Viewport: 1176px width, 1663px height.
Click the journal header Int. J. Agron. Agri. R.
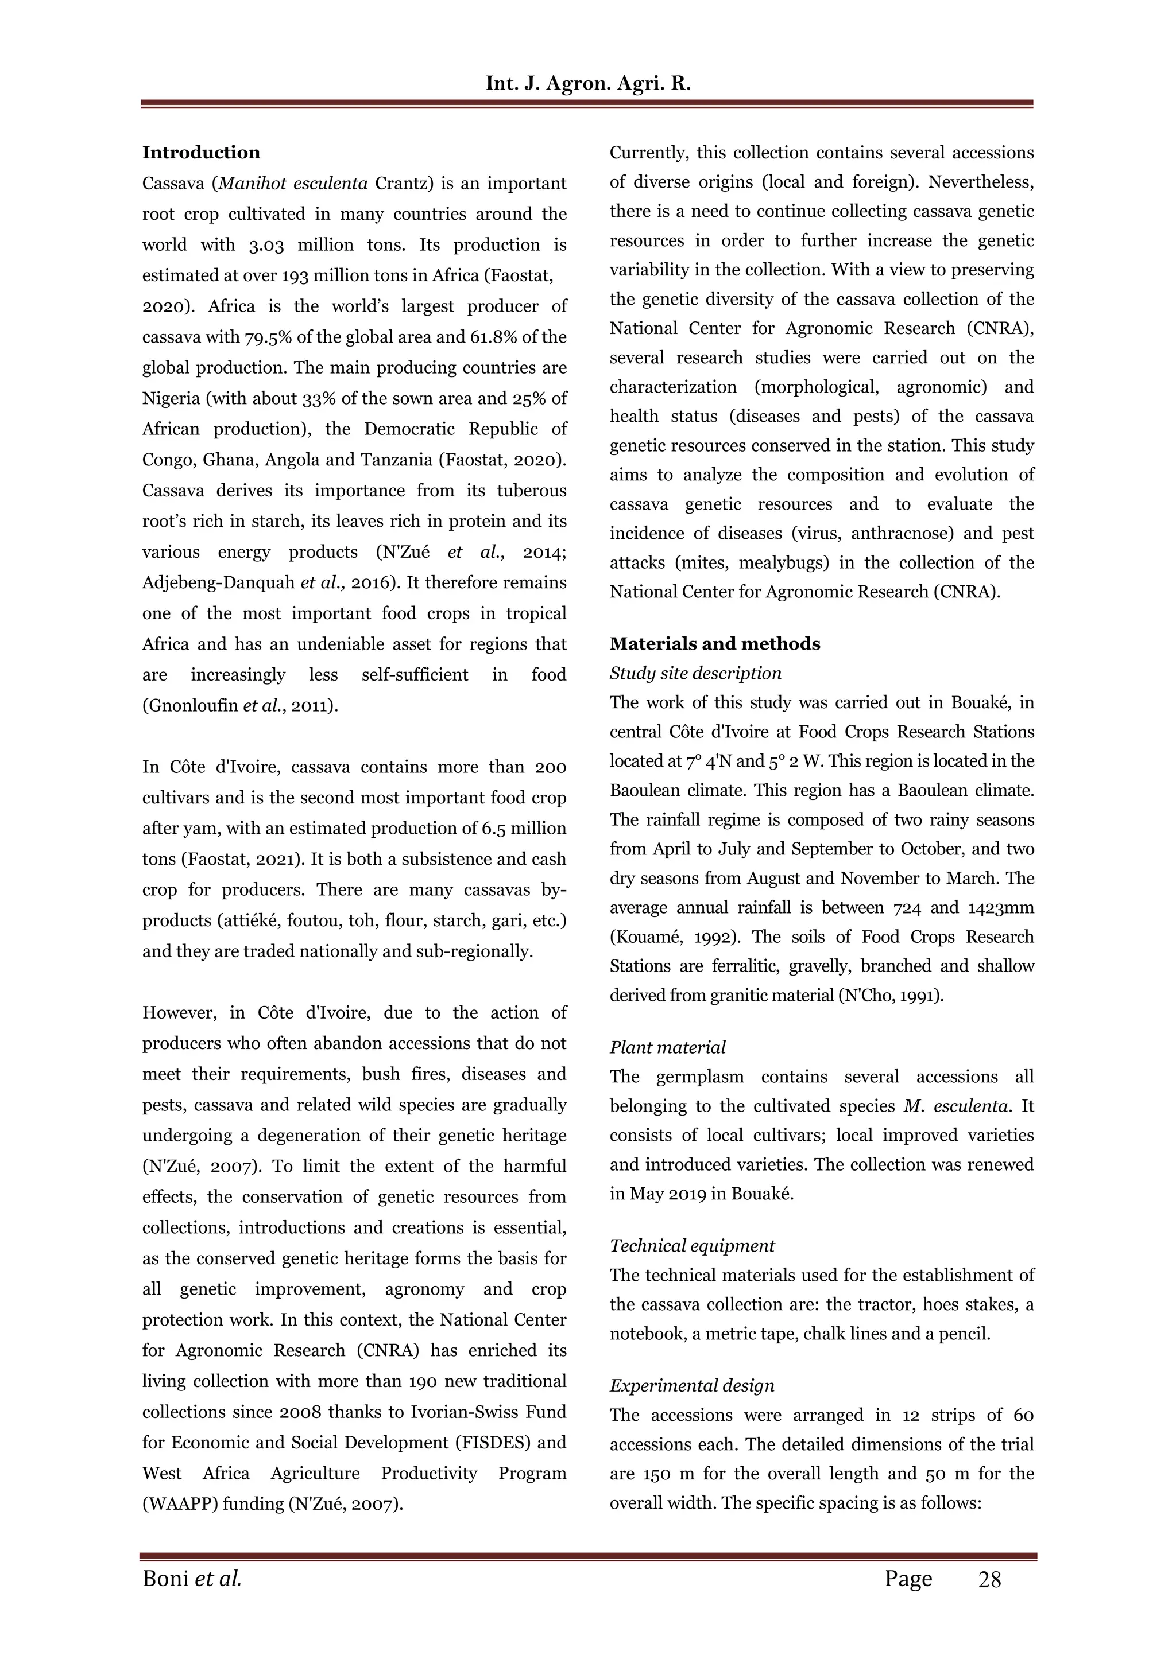click(587, 83)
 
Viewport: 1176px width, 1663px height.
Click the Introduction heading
click(201, 153)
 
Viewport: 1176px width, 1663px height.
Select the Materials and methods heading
click(714, 644)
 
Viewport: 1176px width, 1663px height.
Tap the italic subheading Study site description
click(695, 674)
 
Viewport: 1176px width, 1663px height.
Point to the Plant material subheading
click(667, 1047)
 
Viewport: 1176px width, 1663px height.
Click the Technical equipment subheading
click(692, 1246)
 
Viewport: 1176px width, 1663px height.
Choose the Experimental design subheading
click(691, 1386)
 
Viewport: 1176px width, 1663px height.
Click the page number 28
click(989, 1579)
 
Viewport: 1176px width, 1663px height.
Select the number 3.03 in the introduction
click(266, 246)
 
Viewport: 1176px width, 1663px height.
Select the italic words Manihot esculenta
click(293, 184)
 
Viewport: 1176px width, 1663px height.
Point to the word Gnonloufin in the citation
click(191, 706)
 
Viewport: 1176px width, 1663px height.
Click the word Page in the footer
click(908, 1579)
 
